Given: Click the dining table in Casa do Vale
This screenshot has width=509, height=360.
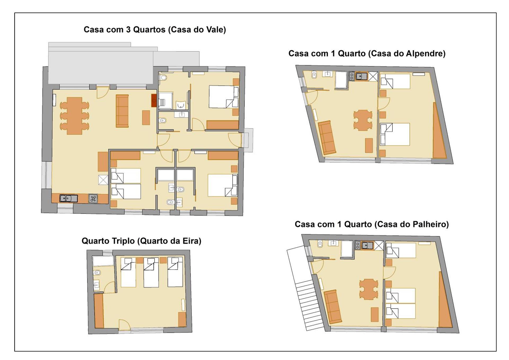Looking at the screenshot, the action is [x=74, y=116].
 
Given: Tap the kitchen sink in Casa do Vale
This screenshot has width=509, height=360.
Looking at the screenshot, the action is [x=68, y=198].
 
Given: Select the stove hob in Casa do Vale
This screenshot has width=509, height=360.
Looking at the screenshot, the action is [x=93, y=199].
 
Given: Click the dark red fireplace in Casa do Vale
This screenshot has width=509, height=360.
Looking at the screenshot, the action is [x=154, y=100].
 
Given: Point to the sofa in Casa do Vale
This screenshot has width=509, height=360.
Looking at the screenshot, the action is [x=122, y=111].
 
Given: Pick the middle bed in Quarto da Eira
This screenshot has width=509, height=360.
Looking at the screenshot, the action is [x=151, y=272].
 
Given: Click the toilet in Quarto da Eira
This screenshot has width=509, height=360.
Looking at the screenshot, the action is [x=97, y=273].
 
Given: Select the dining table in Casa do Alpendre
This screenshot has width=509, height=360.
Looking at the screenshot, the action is [x=363, y=120].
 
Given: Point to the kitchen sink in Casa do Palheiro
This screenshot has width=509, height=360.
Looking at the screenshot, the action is [x=367, y=245].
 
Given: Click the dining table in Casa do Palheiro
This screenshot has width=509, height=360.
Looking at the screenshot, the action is [x=368, y=289].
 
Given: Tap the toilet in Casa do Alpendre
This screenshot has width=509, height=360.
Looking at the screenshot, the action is [x=314, y=75].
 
